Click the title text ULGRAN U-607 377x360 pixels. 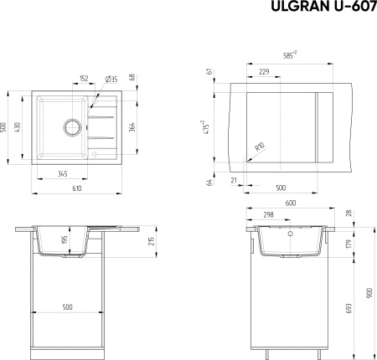[x=324, y=6]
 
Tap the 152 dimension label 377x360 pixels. [x=84, y=79]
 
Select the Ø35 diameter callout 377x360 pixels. [x=111, y=80]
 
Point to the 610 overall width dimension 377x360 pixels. [x=77, y=188]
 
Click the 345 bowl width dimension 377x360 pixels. [x=63, y=174]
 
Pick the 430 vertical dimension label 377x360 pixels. [x=17, y=127]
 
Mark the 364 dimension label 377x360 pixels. [x=132, y=127]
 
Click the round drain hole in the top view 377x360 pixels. [x=73, y=127]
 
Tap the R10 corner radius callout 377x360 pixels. [x=260, y=147]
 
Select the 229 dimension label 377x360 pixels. [x=264, y=72]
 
